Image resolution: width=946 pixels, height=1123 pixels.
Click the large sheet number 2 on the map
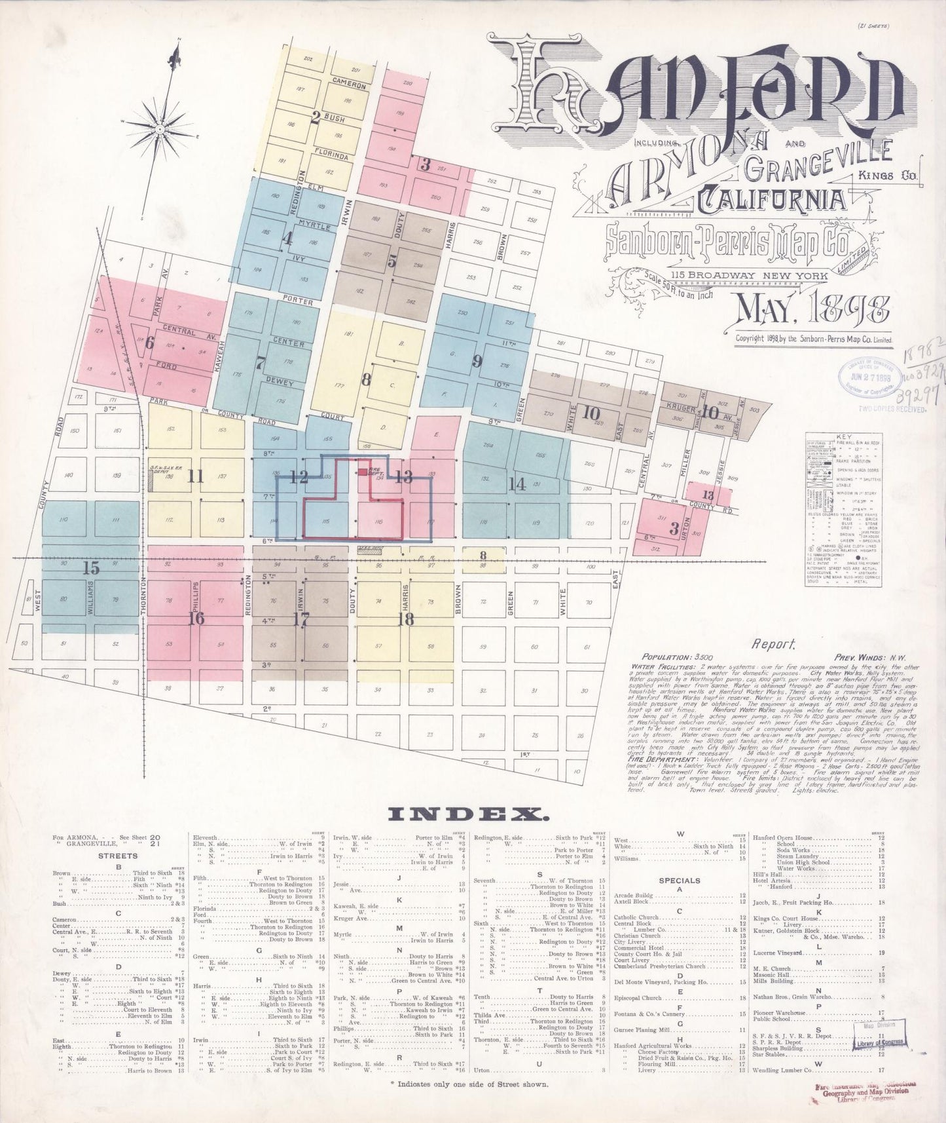(316, 118)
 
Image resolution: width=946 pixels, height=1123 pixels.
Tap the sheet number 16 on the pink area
(196, 618)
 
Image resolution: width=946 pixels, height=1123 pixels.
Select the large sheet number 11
(195, 476)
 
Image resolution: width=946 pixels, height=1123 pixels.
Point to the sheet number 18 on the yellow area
(406, 619)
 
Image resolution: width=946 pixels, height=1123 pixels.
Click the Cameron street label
(348, 83)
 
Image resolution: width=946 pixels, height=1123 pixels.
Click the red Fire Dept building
(362, 471)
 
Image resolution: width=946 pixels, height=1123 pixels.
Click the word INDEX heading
(468, 814)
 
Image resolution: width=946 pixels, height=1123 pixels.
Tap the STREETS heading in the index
(118, 856)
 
